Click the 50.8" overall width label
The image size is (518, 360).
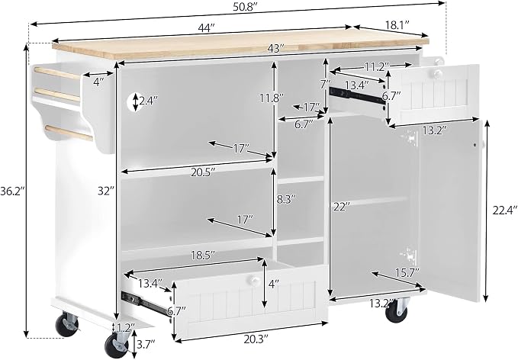point(245,8)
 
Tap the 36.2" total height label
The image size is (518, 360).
point(12,191)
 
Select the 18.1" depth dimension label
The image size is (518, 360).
point(397,24)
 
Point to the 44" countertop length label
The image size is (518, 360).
point(207,28)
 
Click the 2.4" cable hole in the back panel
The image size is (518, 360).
point(136,101)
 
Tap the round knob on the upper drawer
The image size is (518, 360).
point(438,74)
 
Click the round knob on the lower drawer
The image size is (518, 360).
point(254,281)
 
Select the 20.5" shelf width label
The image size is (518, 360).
point(203,172)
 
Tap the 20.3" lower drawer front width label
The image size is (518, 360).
point(256,339)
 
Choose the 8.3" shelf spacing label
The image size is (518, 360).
point(285,200)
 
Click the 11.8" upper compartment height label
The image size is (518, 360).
point(272,98)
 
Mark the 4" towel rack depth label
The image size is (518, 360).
point(98,82)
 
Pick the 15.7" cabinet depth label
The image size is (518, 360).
point(407,273)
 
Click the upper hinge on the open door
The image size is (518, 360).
point(410,137)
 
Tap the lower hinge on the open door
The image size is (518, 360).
point(410,255)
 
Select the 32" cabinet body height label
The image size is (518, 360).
point(106,191)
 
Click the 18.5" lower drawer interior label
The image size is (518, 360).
point(203,255)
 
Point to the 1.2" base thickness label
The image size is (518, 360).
point(126,328)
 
